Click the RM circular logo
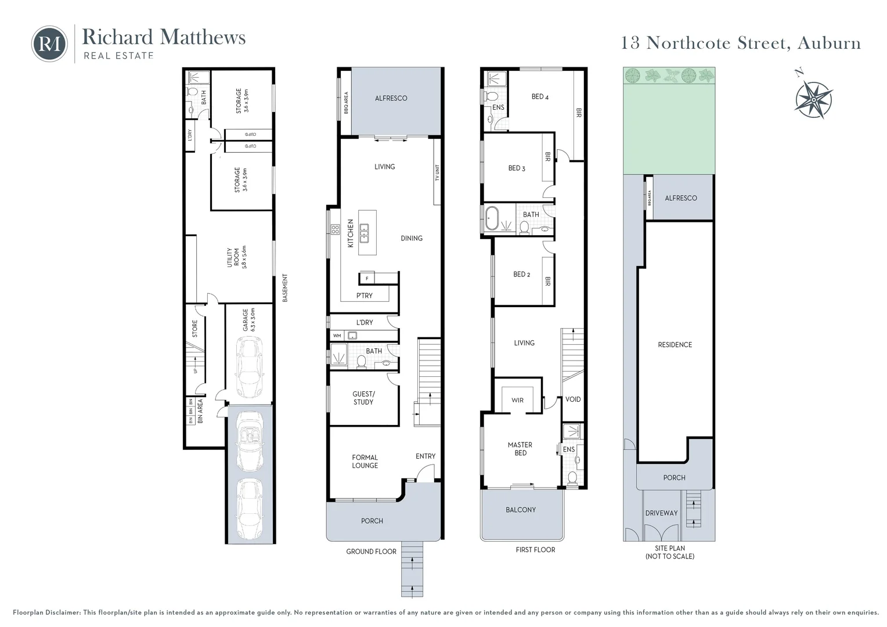[x=49, y=44]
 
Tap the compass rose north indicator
[x=813, y=98]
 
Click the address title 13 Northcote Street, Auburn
[x=741, y=43]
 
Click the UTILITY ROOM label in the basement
[x=237, y=257]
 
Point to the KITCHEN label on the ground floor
[x=351, y=233]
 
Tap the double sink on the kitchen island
[x=364, y=233]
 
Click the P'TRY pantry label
[x=365, y=296]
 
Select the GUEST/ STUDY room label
[x=363, y=398]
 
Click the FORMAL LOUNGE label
[x=365, y=462]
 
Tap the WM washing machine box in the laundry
[x=337, y=336]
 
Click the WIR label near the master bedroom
[x=517, y=400]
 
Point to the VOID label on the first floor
[x=573, y=399]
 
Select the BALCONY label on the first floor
[x=521, y=510]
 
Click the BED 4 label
[x=540, y=97]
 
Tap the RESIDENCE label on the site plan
[x=675, y=345]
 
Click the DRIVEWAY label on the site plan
[x=661, y=513]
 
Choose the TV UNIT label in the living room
[x=437, y=172]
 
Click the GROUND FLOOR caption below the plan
[x=371, y=552]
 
